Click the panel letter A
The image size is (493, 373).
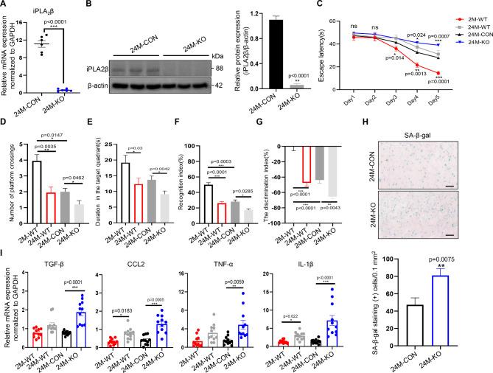(5, 6)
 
